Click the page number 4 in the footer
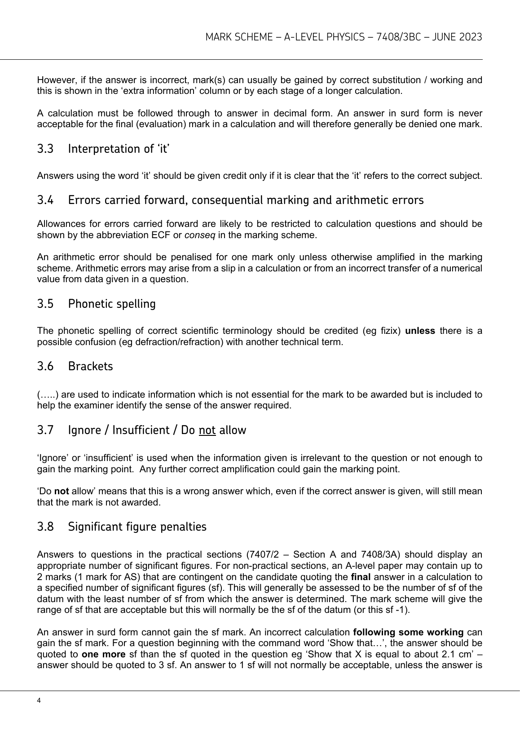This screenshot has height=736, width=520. [x=39, y=701]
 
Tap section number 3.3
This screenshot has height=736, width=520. [x=45, y=149]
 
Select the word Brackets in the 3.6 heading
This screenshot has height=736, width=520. [x=90, y=366]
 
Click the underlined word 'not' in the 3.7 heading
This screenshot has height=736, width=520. [x=207, y=430]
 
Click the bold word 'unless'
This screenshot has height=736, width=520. [x=420, y=331]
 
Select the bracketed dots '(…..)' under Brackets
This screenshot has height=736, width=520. [x=48, y=395]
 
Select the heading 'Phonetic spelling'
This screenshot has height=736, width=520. [x=112, y=304]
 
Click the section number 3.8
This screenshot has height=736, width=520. [x=45, y=527]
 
